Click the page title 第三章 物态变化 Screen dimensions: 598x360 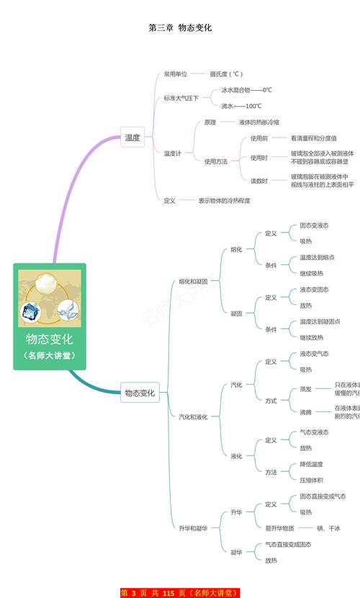[x=180, y=27]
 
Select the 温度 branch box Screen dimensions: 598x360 [x=132, y=137]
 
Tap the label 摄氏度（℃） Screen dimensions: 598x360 [x=226, y=73]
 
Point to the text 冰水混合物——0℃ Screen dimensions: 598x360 [x=246, y=90]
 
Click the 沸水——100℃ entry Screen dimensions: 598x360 [x=241, y=106]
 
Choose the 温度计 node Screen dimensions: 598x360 [x=172, y=153]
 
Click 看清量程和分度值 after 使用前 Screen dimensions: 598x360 [x=314, y=138]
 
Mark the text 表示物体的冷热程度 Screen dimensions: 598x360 [x=225, y=200]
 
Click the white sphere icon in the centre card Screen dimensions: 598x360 [x=50, y=281]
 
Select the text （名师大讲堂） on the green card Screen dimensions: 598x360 [x=50, y=356]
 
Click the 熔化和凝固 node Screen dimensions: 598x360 [x=193, y=281]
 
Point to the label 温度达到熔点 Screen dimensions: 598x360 [x=317, y=257]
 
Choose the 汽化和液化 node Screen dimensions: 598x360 [x=193, y=416]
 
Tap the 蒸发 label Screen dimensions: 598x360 [x=305, y=389]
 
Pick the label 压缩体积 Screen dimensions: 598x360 [x=312, y=480]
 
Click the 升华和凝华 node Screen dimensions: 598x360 [x=193, y=528]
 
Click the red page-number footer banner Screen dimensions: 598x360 [x=179, y=593]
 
